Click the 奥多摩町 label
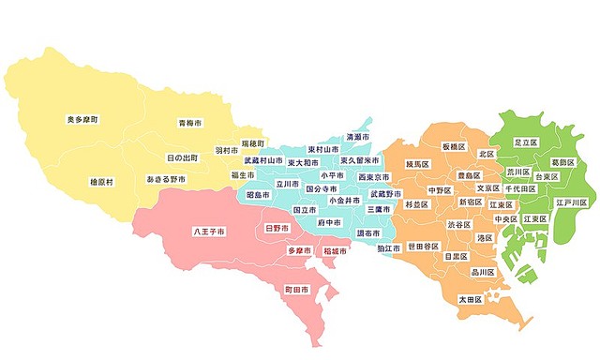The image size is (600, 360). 82,120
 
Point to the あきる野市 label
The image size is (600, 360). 166,178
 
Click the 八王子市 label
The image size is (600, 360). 208,231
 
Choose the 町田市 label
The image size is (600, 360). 301,291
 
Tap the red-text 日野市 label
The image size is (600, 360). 277,228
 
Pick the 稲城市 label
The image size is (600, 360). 335,251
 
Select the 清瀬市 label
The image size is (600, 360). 357,137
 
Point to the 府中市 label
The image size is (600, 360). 328,223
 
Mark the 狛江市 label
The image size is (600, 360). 389,247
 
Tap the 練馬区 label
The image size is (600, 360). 417,165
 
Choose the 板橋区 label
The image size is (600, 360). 455,146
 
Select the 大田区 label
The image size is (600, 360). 469,299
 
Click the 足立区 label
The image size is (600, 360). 525,142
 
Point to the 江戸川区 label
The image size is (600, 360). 570,202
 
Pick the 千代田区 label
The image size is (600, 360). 520,188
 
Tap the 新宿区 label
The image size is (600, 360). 470,202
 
